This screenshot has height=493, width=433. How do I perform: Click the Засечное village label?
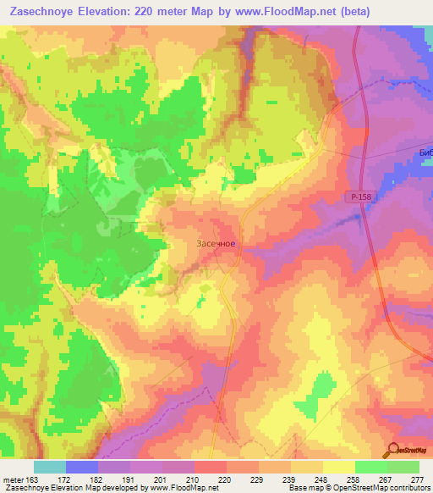216,244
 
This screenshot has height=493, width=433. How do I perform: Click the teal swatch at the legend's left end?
50,466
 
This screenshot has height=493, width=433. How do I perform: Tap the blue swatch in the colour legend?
82,466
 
